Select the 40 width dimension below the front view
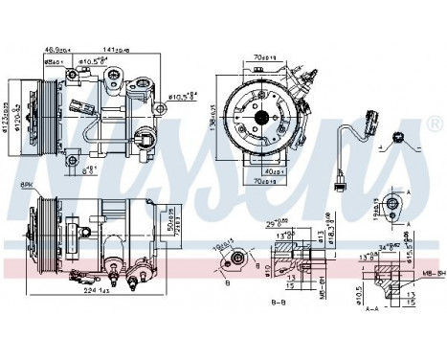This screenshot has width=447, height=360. (x=276, y=170)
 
